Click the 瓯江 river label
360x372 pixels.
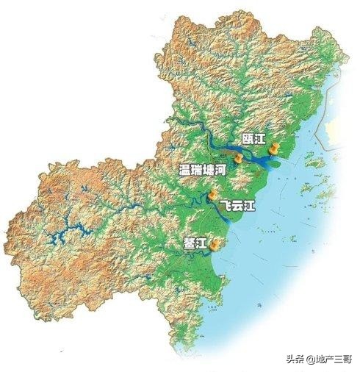pyautogui.click(x=253, y=138)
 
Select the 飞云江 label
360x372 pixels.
pyautogui.click(x=237, y=207)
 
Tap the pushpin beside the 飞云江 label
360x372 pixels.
pyautogui.click(x=213, y=196)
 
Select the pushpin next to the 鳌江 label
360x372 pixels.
pyautogui.click(x=215, y=245)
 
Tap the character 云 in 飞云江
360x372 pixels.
pyautogui.click(x=237, y=207)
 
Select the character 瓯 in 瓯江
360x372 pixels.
pyautogui.click(x=248, y=138)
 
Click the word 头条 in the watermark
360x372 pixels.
pyautogui.click(x=298, y=359)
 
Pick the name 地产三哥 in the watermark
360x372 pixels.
pyautogui.click(x=334, y=359)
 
